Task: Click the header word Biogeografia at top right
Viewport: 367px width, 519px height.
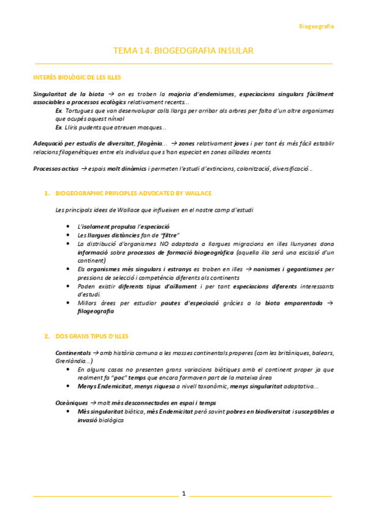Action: tap(316, 26)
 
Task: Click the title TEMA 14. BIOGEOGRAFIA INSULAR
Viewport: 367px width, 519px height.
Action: tap(183, 51)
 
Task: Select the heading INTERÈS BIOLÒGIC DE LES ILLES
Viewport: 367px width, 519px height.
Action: tap(77, 78)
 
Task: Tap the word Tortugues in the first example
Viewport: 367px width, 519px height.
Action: tap(80, 111)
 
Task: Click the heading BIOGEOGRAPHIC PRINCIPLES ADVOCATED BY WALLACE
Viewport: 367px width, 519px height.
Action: tap(134, 193)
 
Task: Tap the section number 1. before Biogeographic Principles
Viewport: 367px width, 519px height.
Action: tap(47, 193)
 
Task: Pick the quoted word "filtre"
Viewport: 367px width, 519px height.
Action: tap(168, 235)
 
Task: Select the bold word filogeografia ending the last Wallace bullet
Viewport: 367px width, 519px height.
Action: tap(96, 311)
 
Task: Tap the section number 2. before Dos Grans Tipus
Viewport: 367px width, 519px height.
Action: tap(47, 337)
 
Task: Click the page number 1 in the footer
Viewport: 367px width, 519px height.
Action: tap(183, 493)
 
